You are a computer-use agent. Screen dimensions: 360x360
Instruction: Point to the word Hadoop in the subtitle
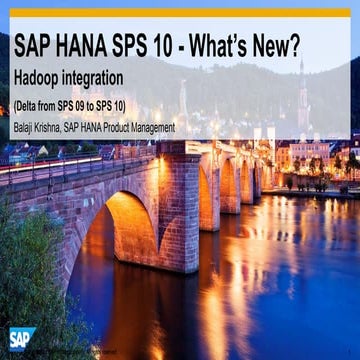coord(42,77)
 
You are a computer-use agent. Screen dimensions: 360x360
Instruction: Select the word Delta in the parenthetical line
coord(33,105)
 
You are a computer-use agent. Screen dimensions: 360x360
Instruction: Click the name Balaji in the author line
coord(27,127)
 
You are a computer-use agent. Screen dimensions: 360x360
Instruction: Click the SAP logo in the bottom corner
coord(22,338)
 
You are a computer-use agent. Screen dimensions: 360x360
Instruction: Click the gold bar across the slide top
coord(180,13)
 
